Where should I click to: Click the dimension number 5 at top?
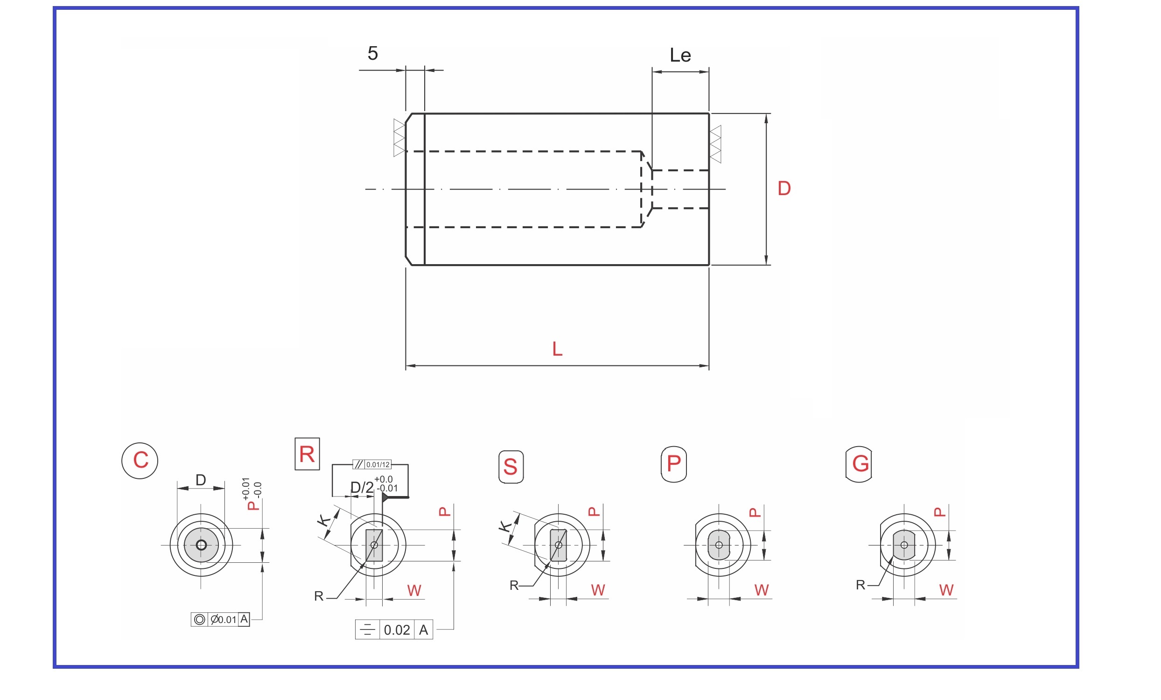(x=373, y=54)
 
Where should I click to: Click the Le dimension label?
(x=680, y=56)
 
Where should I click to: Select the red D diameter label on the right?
(x=784, y=189)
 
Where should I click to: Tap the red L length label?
(x=558, y=350)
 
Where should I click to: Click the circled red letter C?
(x=140, y=461)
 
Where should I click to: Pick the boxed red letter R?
(x=307, y=455)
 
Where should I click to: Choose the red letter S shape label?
(x=511, y=467)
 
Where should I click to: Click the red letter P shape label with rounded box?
(x=674, y=464)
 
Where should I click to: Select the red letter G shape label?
(x=860, y=464)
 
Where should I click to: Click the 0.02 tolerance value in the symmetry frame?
(x=397, y=630)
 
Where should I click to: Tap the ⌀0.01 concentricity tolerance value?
(x=224, y=619)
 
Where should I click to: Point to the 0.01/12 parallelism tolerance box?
(x=378, y=465)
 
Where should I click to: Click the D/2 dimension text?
(x=361, y=488)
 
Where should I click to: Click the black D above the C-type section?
(x=201, y=480)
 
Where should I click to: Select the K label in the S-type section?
(x=505, y=526)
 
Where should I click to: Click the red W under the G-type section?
(x=946, y=590)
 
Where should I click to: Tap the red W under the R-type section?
(x=414, y=591)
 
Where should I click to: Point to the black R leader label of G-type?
(x=860, y=585)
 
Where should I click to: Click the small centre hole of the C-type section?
(x=201, y=545)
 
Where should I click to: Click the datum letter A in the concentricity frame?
(x=244, y=619)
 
